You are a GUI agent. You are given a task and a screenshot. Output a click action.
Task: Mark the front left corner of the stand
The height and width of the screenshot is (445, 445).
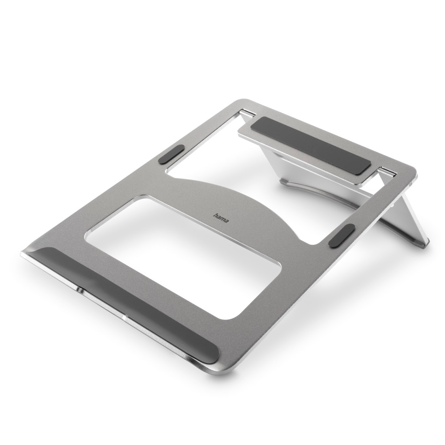pyautogui.click(x=23, y=253)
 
